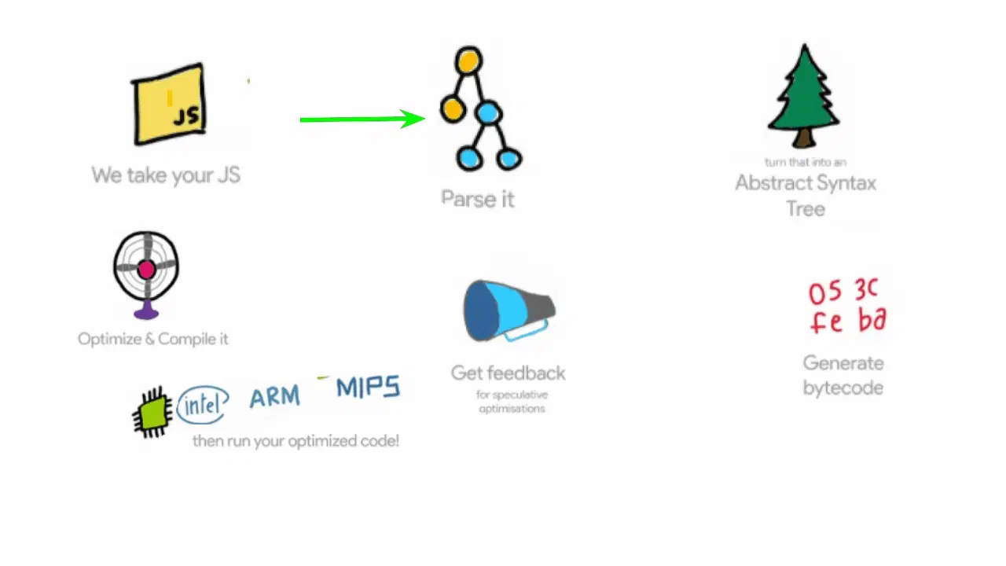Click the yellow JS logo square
(169, 104)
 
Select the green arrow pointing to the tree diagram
(362, 119)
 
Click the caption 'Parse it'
(477, 199)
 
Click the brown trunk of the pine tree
(803, 140)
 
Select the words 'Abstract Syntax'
(805, 183)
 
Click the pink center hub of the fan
(146, 270)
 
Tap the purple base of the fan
(146, 313)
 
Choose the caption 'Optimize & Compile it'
(153, 340)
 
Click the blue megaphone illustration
(508, 311)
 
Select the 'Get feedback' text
(508, 373)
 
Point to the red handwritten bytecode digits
(847, 307)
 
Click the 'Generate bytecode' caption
(843, 375)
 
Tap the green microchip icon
(152, 411)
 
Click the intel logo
(202, 404)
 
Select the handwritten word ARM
(274, 396)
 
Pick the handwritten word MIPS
(368, 388)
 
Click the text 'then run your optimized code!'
(296, 441)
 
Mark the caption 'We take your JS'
(166, 175)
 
